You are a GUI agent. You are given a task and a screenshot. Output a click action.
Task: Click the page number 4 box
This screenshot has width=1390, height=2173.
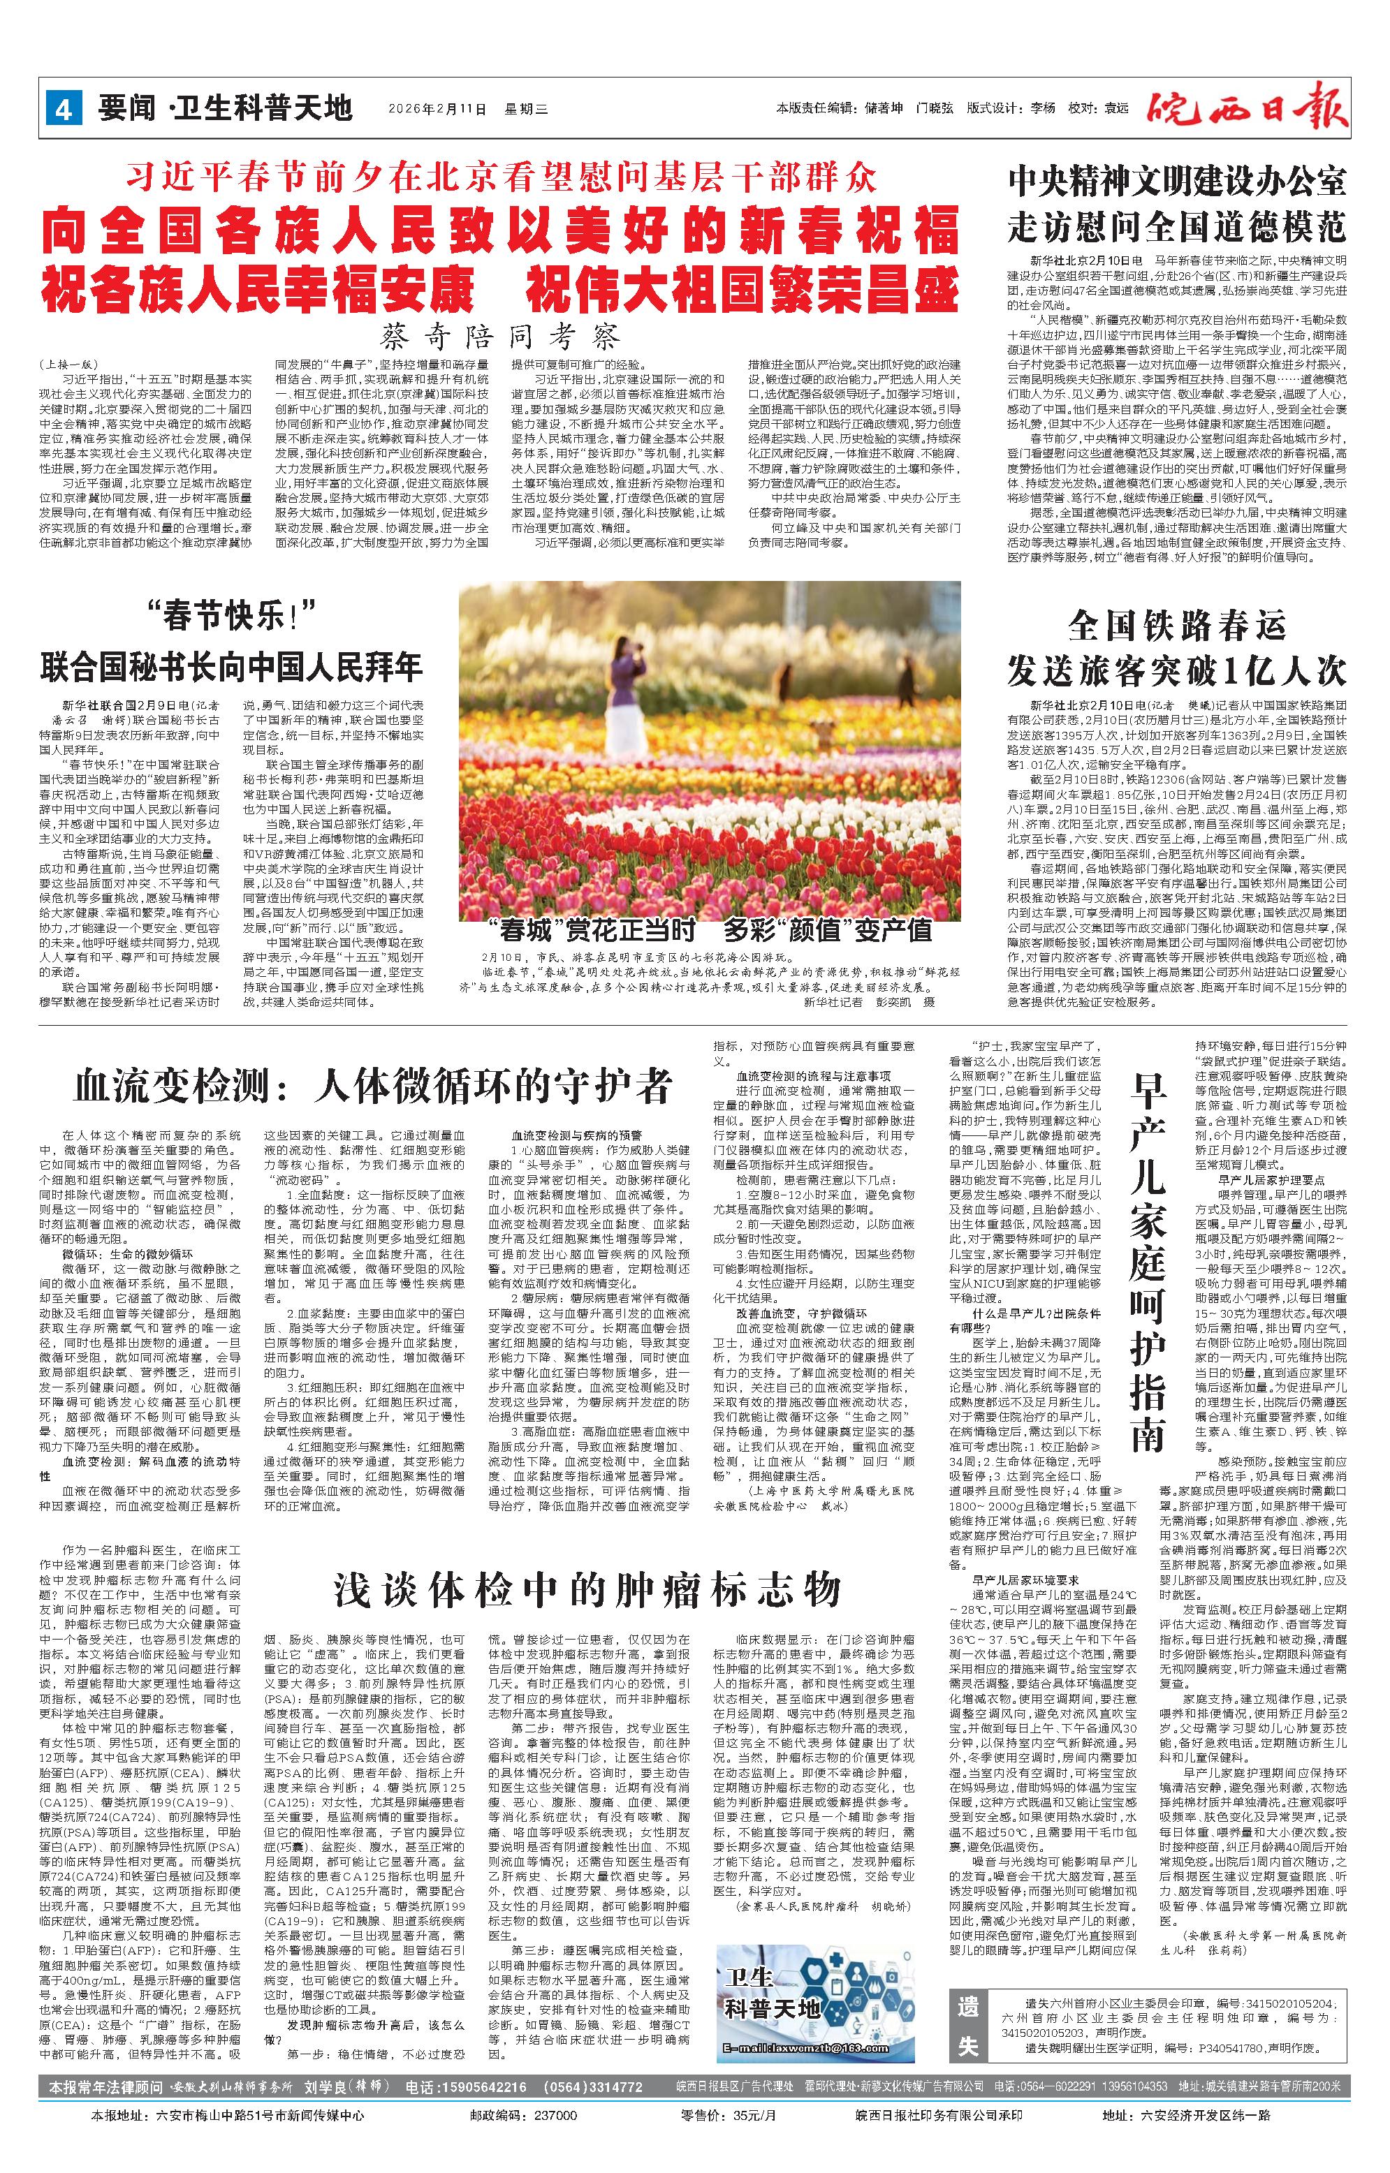point(63,109)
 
